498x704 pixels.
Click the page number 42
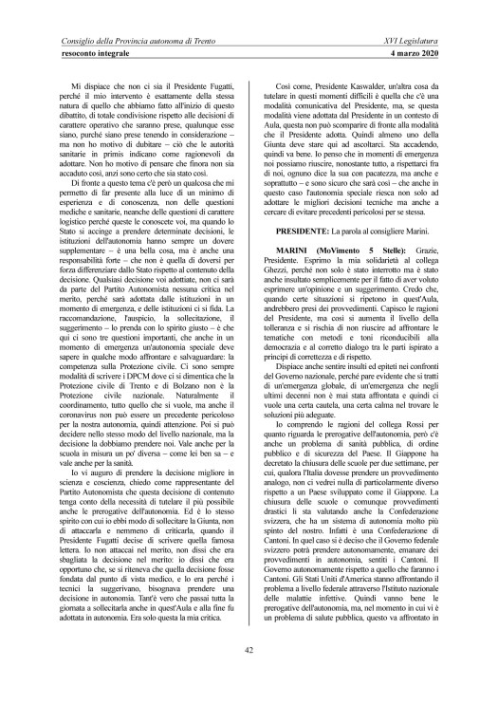(x=249, y=649)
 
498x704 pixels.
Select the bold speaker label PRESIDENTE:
(x=300, y=231)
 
